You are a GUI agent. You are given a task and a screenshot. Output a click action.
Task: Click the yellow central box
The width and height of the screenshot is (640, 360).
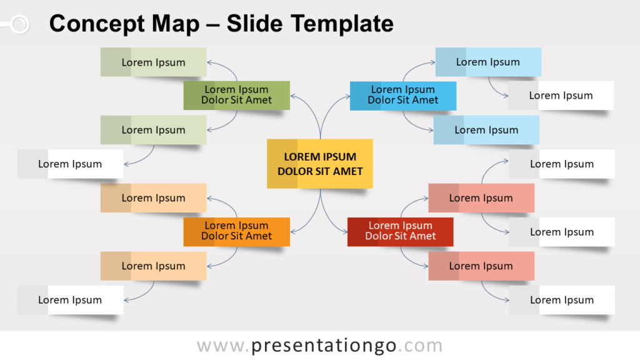[319, 164]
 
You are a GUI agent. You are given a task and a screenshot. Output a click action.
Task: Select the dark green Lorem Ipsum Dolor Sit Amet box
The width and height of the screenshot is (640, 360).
[237, 96]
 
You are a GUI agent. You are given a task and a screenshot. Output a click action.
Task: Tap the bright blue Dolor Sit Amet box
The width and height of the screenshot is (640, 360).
[403, 96]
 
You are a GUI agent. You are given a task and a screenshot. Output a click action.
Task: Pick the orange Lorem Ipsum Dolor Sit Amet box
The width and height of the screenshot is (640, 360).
[237, 232]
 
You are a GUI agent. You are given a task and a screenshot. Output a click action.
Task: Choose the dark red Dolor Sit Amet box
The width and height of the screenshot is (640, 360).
[401, 232]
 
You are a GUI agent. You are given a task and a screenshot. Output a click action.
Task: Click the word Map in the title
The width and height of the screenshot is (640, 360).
[176, 24]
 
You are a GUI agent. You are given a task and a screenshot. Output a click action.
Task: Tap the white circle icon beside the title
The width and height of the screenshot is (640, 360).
[19, 24]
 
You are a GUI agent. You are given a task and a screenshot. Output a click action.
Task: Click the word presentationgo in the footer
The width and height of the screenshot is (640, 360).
[324, 346]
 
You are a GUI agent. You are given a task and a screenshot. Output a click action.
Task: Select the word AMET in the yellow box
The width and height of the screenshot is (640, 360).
[347, 171]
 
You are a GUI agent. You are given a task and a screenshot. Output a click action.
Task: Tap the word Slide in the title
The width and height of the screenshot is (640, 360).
[254, 24]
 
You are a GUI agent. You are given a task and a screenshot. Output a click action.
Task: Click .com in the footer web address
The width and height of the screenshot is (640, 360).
[421, 346]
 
